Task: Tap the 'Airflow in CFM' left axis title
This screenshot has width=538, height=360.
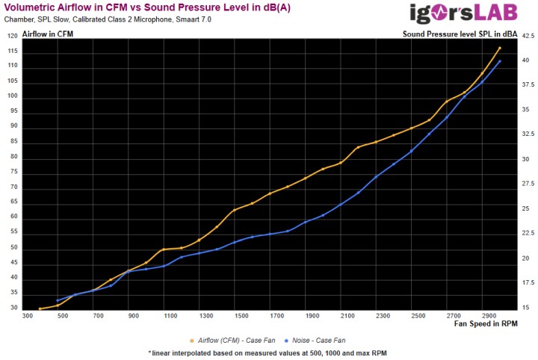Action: pos(49,34)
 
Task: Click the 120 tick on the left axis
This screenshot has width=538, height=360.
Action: pos(12,36)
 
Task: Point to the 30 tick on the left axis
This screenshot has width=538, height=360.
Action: pos(12,308)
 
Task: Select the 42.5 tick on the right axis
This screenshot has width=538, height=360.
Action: pos(525,36)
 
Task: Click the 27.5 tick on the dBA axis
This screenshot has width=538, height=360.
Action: pos(525,184)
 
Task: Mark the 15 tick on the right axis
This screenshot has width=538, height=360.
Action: pos(525,308)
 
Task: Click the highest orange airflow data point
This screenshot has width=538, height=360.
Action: pos(500,48)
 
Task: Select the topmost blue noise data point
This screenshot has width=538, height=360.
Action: pos(500,61)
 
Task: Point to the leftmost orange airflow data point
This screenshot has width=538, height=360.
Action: pos(40,308)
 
